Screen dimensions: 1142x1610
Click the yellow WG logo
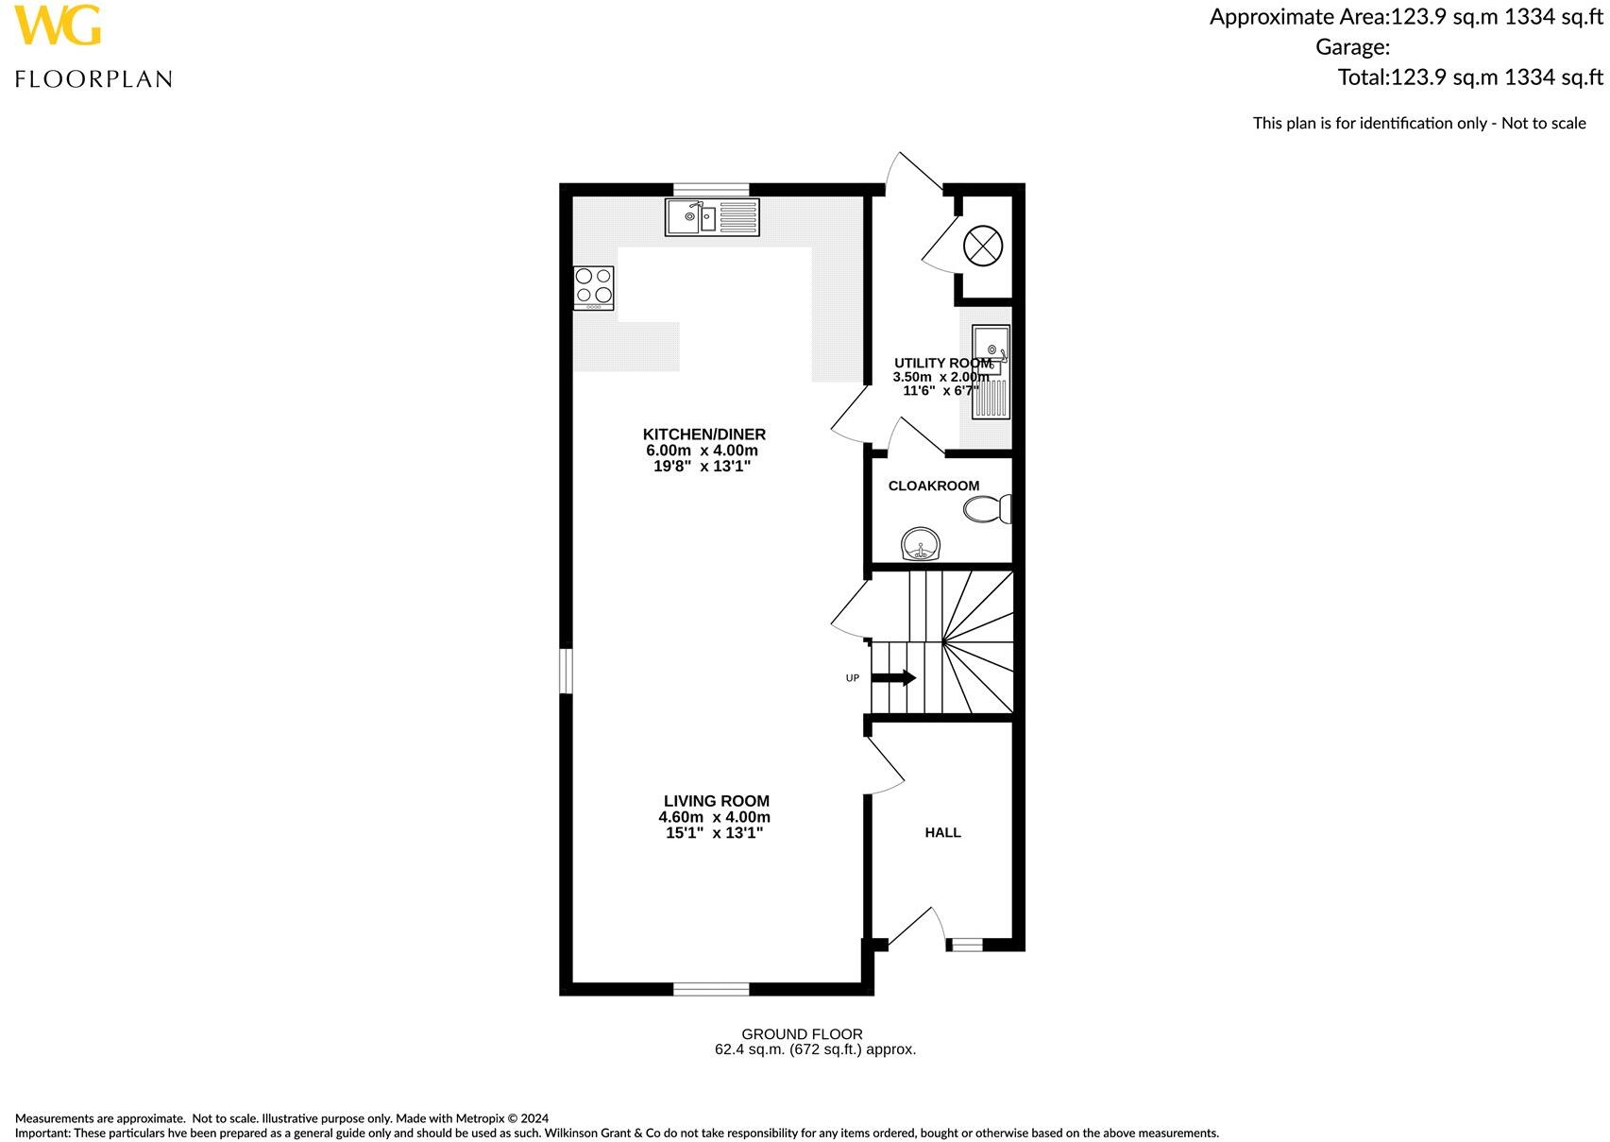coord(57,26)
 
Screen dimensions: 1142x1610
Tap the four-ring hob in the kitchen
coord(594,288)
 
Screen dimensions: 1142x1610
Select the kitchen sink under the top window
coord(712,217)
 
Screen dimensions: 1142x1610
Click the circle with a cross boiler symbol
coord(982,246)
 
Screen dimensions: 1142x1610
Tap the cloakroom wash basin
coord(921,545)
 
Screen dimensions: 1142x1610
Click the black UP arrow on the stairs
coord(893,677)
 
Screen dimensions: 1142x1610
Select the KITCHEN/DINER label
coord(703,435)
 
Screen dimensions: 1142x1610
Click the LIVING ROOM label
coord(716,801)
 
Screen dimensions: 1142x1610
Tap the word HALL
coord(942,832)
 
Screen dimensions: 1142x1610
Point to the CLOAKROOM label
coord(933,486)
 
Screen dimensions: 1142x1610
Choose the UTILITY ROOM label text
coord(941,363)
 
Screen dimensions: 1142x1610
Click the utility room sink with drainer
coord(991,371)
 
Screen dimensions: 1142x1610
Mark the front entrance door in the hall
coord(914,928)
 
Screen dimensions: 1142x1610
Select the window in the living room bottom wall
coord(711,989)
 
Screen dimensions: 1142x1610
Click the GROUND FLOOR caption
coord(802,1034)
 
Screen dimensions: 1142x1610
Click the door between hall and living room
coord(886,767)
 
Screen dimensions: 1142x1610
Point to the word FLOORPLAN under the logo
coord(93,79)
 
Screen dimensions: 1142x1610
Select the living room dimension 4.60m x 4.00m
coord(714,817)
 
